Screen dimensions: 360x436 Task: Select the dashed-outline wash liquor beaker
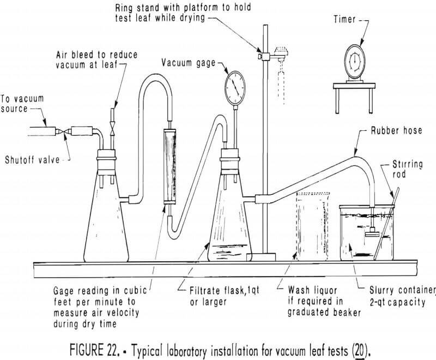[314, 226]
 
